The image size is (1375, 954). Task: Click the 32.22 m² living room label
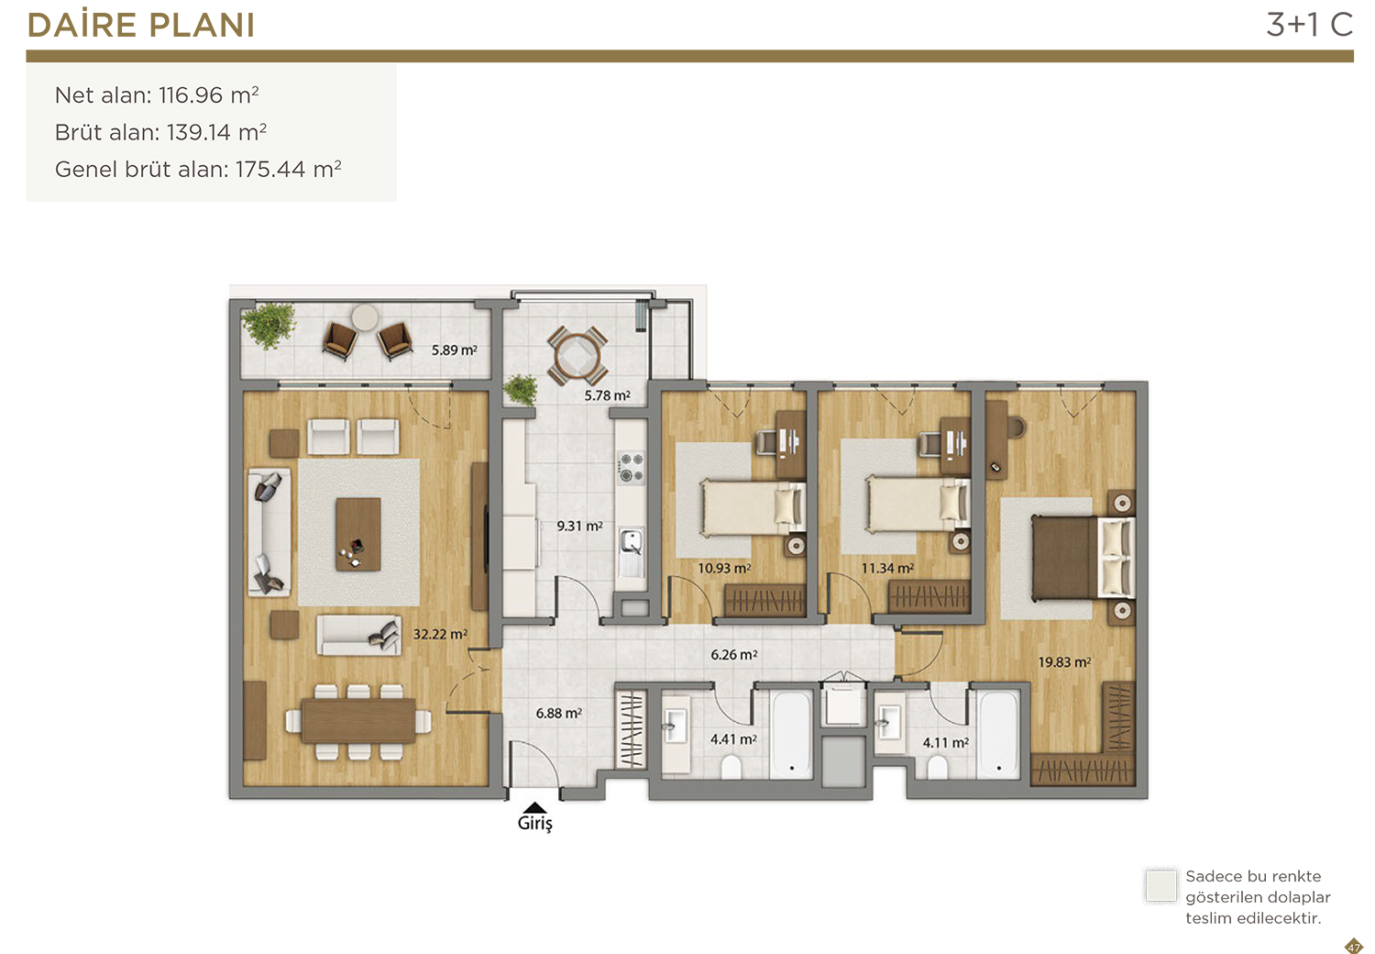pyautogui.click(x=440, y=633)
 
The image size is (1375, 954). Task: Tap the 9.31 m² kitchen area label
pyautogui.click(x=579, y=526)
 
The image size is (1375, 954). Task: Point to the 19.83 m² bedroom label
pyautogui.click(x=1064, y=662)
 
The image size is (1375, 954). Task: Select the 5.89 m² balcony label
pyautogui.click(x=455, y=350)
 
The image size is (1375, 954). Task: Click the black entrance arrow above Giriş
pyautogui.click(x=535, y=807)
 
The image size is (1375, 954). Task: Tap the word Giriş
pyautogui.click(x=535, y=823)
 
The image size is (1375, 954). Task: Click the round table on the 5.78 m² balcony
pyautogui.click(x=577, y=356)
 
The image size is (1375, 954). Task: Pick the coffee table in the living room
pyautogui.click(x=357, y=534)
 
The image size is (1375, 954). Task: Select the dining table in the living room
pyautogui.click(x=358, y=721)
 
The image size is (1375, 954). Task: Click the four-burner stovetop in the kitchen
pyautogui.click(x=632, y=468)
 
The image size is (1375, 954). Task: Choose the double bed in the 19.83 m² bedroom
pyautogui.click(x=1083, y=558)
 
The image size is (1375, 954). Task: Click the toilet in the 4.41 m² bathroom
pyautogui.click(x=731, y=767)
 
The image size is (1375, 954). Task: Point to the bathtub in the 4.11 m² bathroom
pyautogui.click(x=999, y=735)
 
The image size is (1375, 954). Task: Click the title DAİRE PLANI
pyautogui.click(x=140, y=25)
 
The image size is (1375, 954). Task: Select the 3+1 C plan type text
pyautogui.click(x=1309, y=25)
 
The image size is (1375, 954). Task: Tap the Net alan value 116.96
pyautogui.click(x=191, y=95)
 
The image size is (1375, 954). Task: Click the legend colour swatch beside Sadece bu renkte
pyautogui.click(x=1160, y=885)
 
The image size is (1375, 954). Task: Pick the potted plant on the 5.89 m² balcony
pyautogui.click(x=269, y=325)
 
